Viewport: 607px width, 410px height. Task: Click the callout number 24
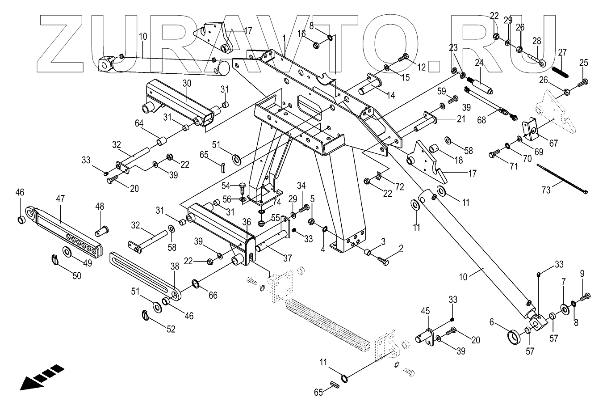click(x=479, y=63)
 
